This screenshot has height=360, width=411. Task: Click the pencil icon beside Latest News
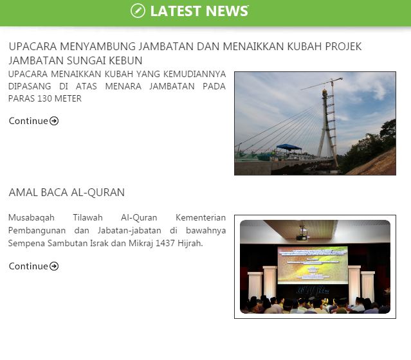pos(138,11)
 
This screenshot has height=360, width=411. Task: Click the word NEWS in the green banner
pos(227,11)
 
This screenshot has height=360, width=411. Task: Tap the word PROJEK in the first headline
pos(343,46)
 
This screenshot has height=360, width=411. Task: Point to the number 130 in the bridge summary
pos(44,98)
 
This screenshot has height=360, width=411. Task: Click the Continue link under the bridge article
pos(33,121)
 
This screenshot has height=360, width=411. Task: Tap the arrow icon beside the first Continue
pos(54,121)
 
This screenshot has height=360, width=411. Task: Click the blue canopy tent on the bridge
pos(289,147)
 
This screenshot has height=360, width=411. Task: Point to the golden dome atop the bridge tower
pos(325,92)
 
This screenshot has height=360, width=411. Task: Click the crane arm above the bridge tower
pos(322,84)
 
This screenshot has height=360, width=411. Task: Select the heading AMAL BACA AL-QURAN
pos(67,192)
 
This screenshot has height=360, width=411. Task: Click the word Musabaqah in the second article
pos(32,218)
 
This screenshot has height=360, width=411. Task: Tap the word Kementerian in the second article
pos(201,217)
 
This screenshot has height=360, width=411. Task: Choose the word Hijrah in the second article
pos(190,244)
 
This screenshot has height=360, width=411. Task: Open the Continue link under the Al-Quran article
pos(33,266)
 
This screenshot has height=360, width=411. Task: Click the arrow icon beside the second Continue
pos(54,266)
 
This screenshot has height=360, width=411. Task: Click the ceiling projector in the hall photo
pos(303,234)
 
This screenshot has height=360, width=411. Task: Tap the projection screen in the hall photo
pos(313,265)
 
